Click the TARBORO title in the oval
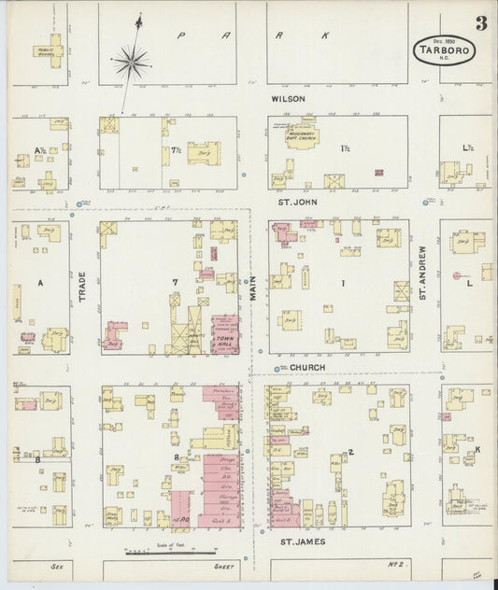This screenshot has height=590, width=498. pyautogui.click(x=444, y=51)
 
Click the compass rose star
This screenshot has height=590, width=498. pyautogui.click(x=132, y=63)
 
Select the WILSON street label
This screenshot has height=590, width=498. pyautogui.click(x=288, y=97)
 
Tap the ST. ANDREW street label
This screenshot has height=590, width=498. pyautogui.click(x=423, y=274)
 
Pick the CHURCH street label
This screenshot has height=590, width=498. pyautogui.click(x=306, y=368)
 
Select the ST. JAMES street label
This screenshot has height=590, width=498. pyautogui.click(x=302, y=540)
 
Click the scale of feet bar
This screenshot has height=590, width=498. pyautogui.click(x=150, y=553)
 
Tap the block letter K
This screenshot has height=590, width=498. pyautogui.click(x=477, y=449)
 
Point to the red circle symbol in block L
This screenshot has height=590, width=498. pyautogui.click(x=456, y=275)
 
